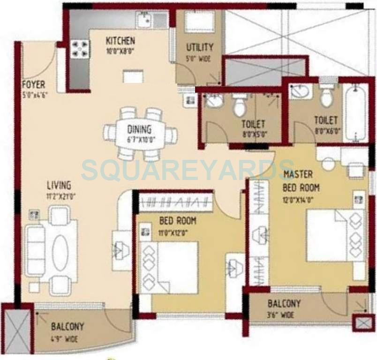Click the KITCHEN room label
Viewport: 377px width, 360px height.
click(x=120, y=41)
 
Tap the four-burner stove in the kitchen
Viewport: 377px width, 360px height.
click(x=79, y=49)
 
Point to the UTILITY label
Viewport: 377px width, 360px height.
click(x=199, y=47)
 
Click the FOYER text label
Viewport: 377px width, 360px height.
click(x=34, y=85)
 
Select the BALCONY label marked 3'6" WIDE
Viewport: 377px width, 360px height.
click(x=284, y=304)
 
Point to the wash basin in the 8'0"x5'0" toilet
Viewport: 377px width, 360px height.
click(x=214, y=100)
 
